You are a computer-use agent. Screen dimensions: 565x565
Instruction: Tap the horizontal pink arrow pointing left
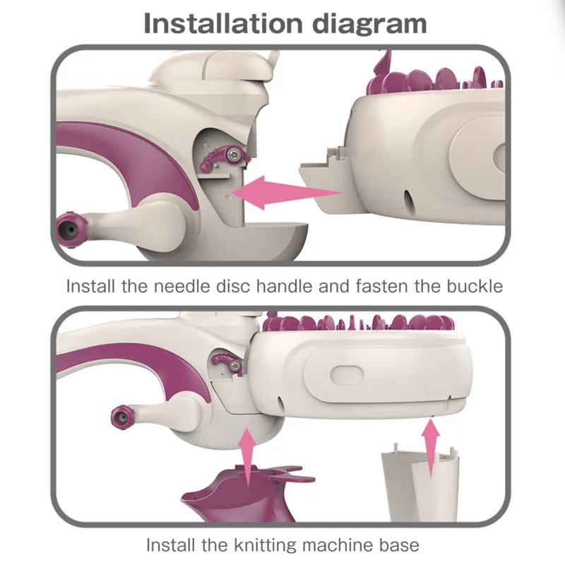(x=287, y=193)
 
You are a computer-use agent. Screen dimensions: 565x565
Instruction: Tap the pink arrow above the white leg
(x=431, y=449)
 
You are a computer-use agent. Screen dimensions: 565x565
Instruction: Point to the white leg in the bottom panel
(x=420, y=483)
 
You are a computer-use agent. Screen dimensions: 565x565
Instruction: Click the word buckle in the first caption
(x=475, y=287)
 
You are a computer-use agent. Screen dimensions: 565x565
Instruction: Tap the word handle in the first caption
(x=285, y=287)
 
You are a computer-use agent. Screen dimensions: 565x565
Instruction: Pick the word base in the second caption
(x=399, y=545)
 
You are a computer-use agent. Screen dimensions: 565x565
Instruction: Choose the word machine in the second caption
(x=338, y=545)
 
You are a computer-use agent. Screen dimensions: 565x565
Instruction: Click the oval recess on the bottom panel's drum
(x=347, y=375)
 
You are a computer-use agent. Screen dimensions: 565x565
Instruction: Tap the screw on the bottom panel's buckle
(x=235, y=366)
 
